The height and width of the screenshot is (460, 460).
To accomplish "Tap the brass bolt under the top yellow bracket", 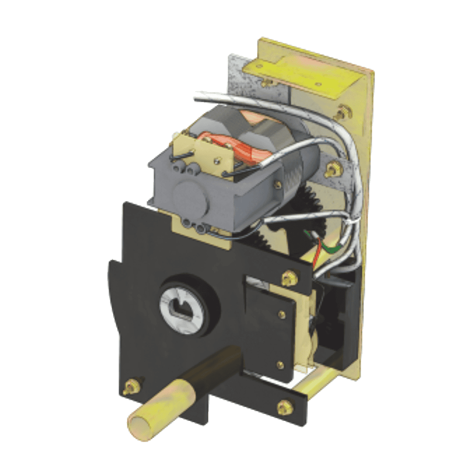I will (x=266, y=83).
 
